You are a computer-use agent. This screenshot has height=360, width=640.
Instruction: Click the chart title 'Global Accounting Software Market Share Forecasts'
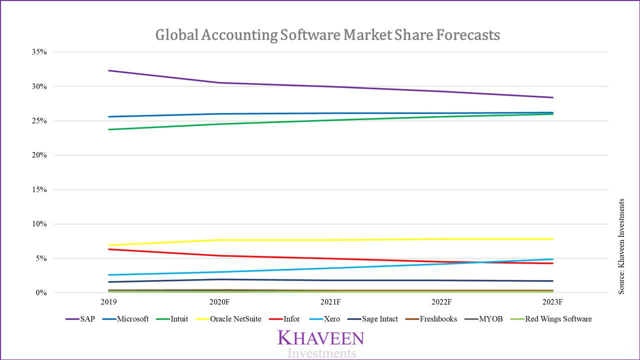tap(327, 35)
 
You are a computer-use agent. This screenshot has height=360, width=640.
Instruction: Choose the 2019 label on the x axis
tap(109, 302)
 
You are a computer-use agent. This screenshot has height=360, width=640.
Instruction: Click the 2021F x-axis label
tap(330, 302)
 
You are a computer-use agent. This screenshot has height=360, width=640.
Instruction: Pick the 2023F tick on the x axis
tap(552, 302)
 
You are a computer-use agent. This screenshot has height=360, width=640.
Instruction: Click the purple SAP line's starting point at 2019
tap(109, 70)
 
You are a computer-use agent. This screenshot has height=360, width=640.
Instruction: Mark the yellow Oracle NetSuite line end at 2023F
tap(552, 238)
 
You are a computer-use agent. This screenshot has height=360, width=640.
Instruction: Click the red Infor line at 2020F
tap(220, 255)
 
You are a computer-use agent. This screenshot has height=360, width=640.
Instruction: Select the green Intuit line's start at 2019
tap(109, 129)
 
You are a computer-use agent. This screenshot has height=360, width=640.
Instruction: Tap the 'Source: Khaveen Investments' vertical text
tap(621, 246)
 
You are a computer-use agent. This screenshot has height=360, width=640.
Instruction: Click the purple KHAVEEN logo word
tap(321, 338)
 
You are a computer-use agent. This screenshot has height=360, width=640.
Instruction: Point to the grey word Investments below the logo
tap(322, 353)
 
